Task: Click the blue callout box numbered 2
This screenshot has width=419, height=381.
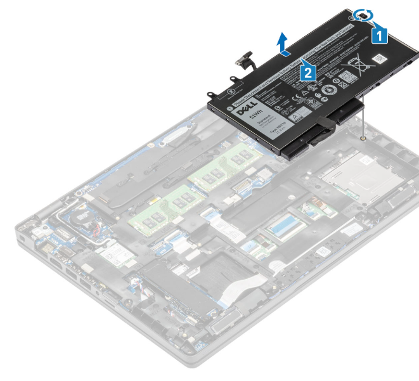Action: tap(308, 72)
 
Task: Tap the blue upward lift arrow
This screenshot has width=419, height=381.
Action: tap(283, 44)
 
